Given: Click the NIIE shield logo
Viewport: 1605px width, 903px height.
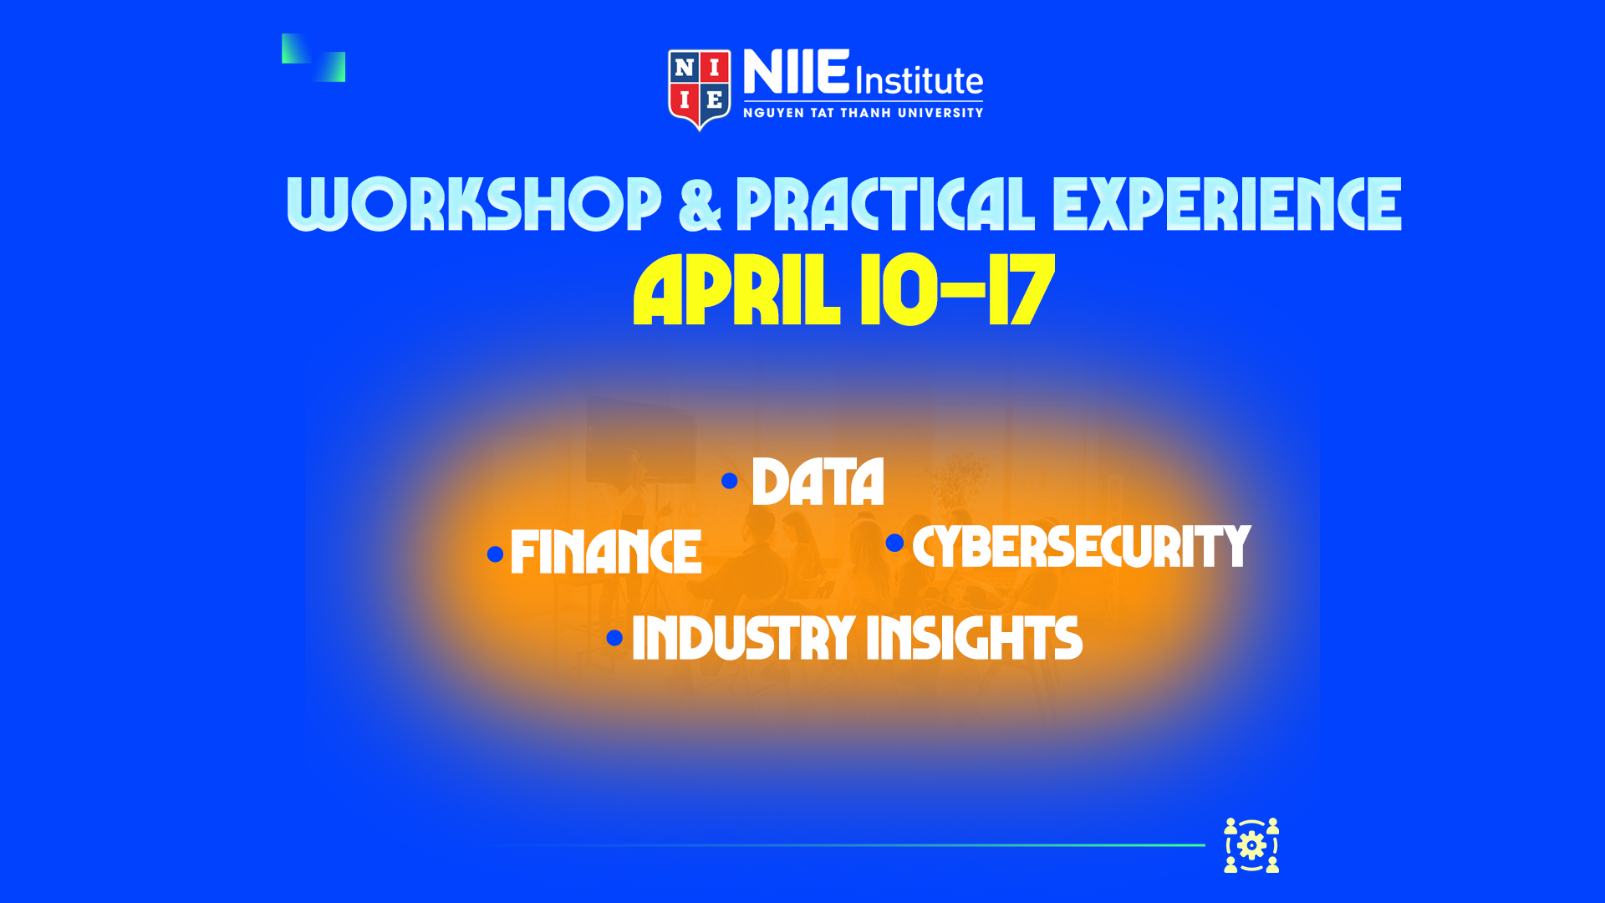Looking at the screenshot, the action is click(700, 89).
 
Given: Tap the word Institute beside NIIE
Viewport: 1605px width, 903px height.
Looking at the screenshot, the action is click(919, 81).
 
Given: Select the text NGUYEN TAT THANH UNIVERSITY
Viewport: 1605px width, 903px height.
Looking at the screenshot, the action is click(864, 113).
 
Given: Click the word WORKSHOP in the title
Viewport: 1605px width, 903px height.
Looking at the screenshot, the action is click(474, 203).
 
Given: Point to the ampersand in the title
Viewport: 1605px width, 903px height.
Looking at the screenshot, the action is click(700, 204).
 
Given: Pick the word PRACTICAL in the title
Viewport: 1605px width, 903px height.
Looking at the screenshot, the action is click(885, 203).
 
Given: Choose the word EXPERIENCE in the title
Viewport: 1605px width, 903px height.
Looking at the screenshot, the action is click(1227, 203).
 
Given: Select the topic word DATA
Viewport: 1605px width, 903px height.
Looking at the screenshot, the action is click(818, 482).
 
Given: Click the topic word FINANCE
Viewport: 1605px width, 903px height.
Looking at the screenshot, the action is click(606, 552).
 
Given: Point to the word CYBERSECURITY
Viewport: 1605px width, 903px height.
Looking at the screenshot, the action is click(1082, 547).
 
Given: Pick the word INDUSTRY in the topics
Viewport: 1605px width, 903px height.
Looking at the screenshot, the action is click(744, 638).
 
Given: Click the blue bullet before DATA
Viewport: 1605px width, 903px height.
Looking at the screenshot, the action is click(730, 481).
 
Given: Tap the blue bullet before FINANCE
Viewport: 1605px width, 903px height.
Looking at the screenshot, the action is click(495, 554).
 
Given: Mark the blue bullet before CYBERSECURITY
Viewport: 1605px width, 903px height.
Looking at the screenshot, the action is click(894, 543).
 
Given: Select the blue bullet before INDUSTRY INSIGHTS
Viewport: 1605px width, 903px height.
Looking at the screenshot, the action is click(614, 638).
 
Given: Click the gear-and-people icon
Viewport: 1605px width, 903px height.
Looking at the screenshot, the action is click(1251, 845).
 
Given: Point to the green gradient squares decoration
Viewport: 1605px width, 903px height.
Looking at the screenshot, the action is click(313, 58).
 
